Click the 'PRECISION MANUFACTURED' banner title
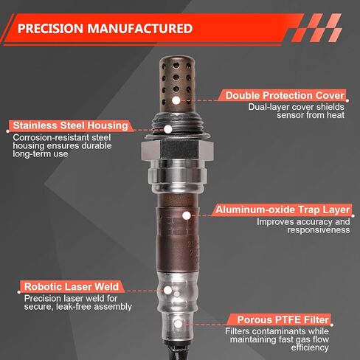[x=105, y=29]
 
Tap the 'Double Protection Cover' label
[x=285, y=95]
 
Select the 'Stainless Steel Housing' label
[x=70, y=125]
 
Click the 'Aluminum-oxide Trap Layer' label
[x=283, y=210]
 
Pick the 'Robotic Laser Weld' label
[x=72, y=287]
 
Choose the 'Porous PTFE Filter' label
[x=283, y=320]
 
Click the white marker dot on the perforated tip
[x=176, y=100]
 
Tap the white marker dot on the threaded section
[x=168, y=129]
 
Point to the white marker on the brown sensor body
[x=187, y=215]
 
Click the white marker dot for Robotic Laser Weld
[x=167, y=291]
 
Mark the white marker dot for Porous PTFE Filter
[x=179, y=324]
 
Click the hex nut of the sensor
[x=177, y=150]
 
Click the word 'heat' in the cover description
[x=336, y=115]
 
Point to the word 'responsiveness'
[x=319, y=230]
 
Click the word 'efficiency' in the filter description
[x=310, y=347]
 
